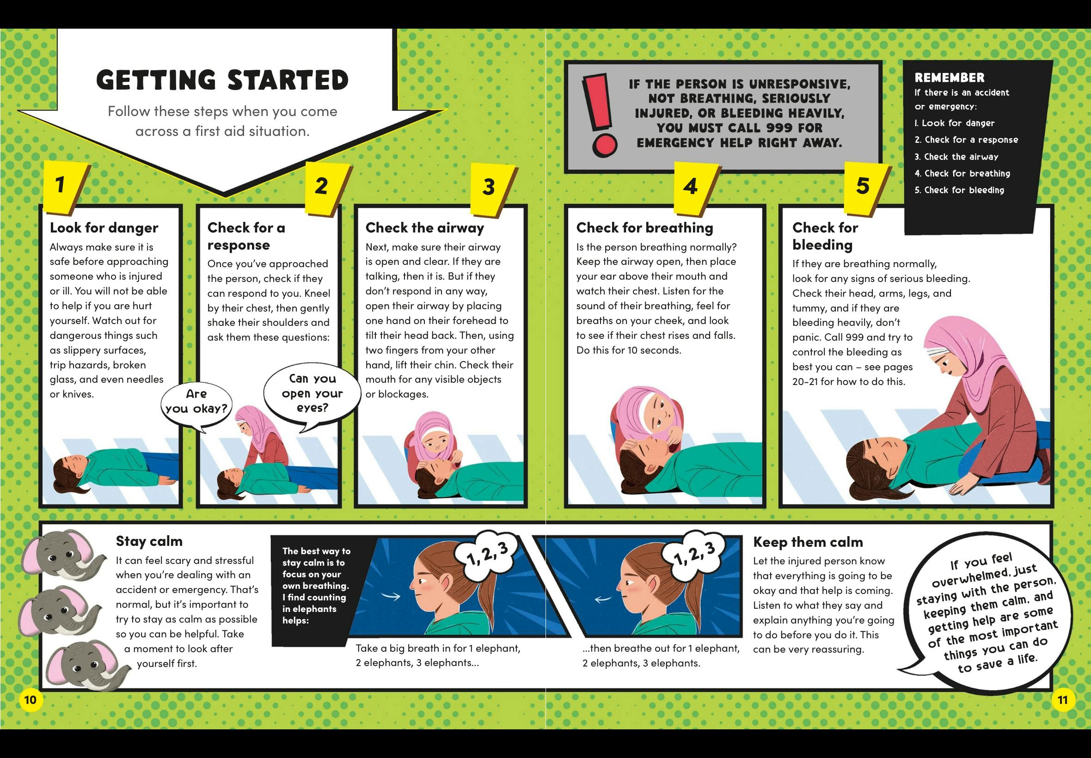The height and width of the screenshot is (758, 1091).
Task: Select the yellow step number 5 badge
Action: coord(865,187)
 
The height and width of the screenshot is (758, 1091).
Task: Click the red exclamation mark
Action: coord(600,114)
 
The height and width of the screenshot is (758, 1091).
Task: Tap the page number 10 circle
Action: coord(30,700)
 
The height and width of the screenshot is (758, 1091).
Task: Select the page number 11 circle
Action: coord(1062,700)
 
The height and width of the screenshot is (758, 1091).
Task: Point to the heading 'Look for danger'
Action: coord(104,228)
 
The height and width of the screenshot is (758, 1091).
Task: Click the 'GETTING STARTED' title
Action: coord(222,80)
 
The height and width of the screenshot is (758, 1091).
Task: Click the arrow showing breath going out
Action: coord(603,599)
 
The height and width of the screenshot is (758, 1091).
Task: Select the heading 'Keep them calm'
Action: coord(808,542)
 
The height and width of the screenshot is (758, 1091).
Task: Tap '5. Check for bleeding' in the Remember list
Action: coord(959,190)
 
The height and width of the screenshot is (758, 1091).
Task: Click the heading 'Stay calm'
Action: coord(149,541)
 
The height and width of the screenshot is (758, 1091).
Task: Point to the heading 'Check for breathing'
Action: coord(644,228)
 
